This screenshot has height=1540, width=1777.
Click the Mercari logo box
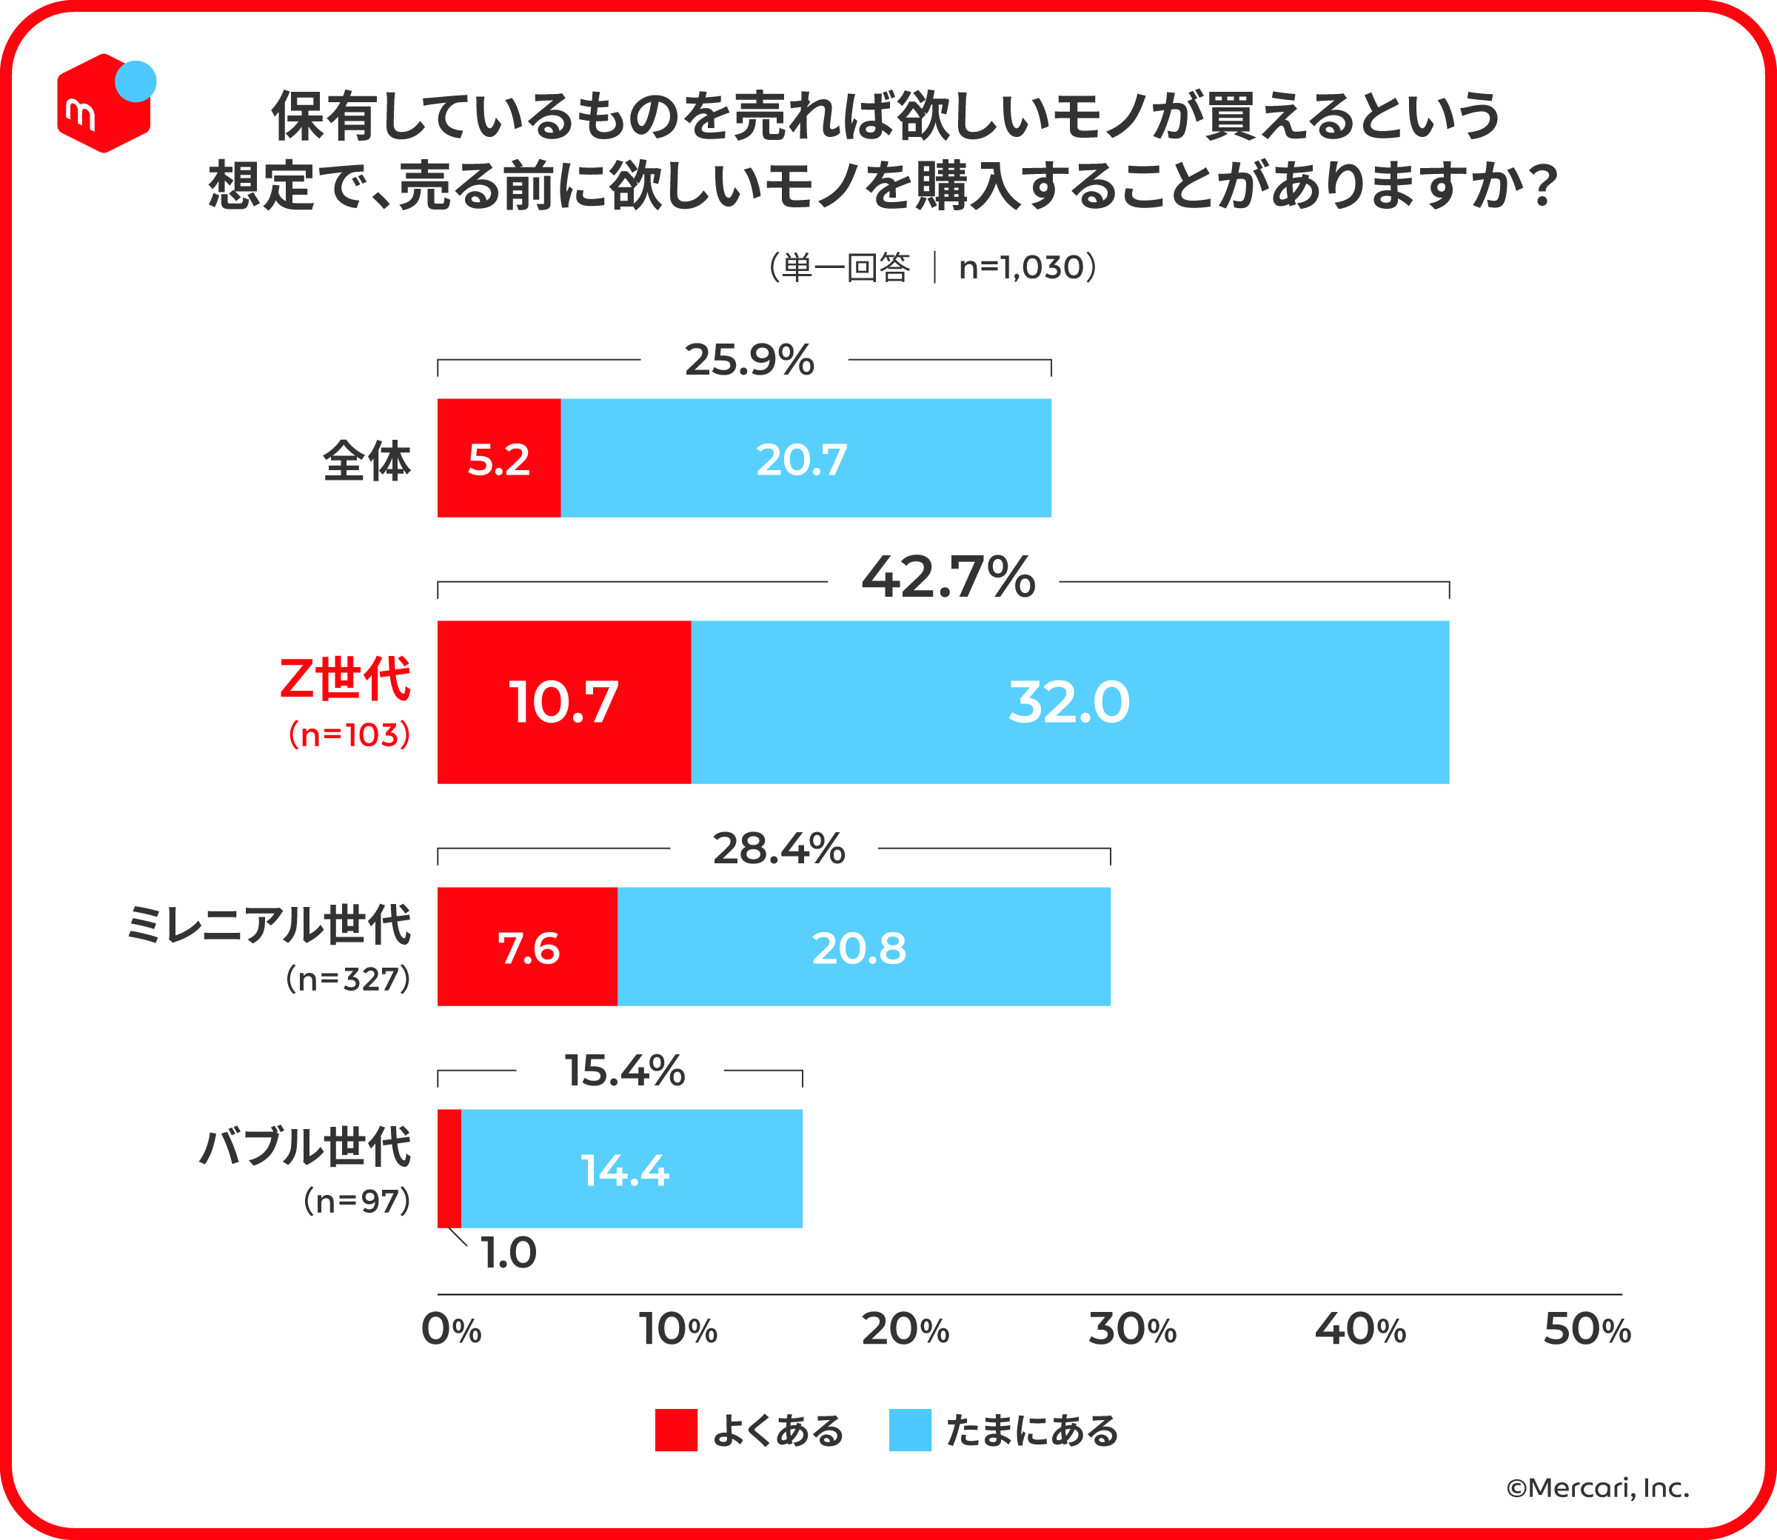[x=104, y=103]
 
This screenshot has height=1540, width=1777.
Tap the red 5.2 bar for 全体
[x=498, y=458]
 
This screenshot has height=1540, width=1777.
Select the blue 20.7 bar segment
[x=805, y=458]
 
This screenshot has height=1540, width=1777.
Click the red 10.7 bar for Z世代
[x=563, y=702]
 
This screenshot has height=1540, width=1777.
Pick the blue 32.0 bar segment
[x=1069, y=702]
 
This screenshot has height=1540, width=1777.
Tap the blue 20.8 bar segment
[x=863, y=946]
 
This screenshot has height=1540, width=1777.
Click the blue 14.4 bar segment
[x=631, y=1169]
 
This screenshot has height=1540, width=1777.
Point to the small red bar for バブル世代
[x=449, y=1169]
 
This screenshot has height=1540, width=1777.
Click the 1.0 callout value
[x=508, y=1252]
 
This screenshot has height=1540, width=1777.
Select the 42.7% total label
[x=948, y=577]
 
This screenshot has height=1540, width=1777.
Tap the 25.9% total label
[x=749, y=360]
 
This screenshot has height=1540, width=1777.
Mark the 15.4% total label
[x=624, y=1071]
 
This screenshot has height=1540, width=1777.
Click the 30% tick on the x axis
[x=1131, y=1330]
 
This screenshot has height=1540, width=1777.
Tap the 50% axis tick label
[x=1586, y=1330]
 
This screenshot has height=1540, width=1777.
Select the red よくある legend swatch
[x=675, y=1430]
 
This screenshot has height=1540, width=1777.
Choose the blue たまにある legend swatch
[x=910, y=1430]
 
